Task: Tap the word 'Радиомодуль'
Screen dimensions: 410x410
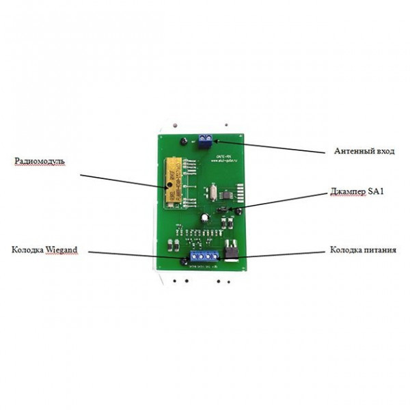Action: [x=40, y=161]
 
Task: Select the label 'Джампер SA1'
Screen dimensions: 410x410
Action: [x=355, y=193]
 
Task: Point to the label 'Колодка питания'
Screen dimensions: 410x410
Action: [x=363, y=251]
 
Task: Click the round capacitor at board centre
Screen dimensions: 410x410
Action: [x=204, y=218]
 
